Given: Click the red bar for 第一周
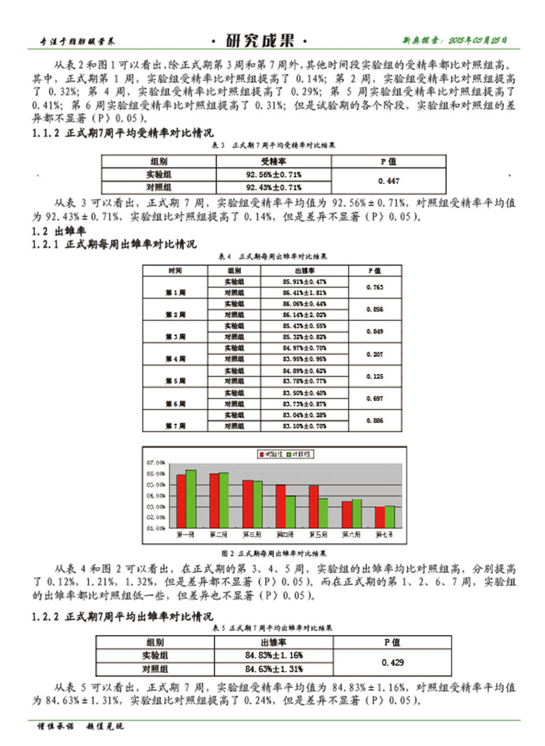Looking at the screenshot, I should pos(181,501).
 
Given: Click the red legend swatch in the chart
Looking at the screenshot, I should pos(261,454).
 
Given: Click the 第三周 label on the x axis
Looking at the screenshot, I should pos(252,533).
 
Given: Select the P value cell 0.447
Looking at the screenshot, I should pos(387,181).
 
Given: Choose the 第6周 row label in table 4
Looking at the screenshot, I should pos(176,404).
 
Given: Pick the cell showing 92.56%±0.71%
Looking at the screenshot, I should pos(273,174).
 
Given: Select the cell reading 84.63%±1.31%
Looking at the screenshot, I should pos(274,668).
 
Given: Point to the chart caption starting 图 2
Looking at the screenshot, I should pos(272,553).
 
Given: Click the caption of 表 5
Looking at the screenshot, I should pos(272,627).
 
